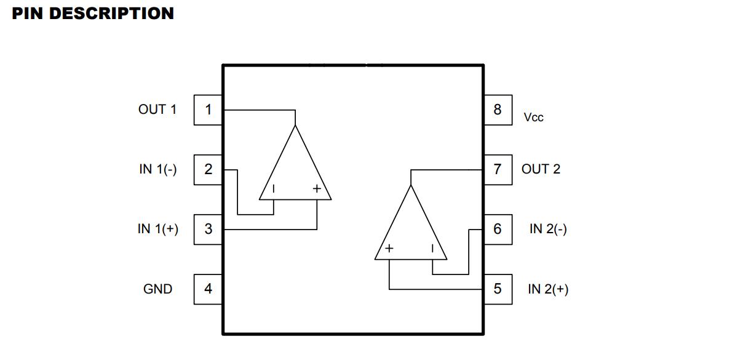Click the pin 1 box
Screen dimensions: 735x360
(x=208, y=110)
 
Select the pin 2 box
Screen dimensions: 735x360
(x=208, y=169)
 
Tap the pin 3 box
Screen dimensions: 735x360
(x=208, y=229)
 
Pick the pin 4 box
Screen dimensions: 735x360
(x=208, y=289)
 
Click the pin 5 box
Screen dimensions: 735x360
(x=498, y=289)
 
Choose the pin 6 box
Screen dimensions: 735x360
(x=498, y=229)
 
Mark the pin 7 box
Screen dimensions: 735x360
(x=498, y=169)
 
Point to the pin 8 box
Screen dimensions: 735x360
(x=498, y=110)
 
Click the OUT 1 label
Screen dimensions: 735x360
(x=157, y=110)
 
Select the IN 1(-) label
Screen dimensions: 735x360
(x=158, y=169)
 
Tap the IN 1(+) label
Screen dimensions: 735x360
(x=158, y=229)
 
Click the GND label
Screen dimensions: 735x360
(x=157, y=289)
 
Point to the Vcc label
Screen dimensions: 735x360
(x=534, y=117)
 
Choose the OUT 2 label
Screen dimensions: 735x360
(x=541, y=169)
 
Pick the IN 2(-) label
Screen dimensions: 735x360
(x=549, y=229)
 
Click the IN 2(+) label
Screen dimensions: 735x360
(x=549, y=289)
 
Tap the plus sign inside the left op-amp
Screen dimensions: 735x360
(x=317, y=189)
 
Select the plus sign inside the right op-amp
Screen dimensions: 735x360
(x=389, y=249)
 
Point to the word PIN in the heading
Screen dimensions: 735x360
(x=28, y=13)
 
